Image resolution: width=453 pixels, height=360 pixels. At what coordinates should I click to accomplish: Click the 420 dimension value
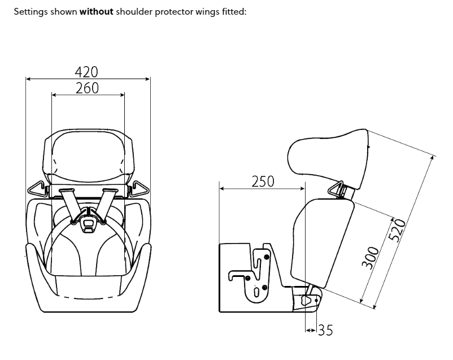coord(87,72)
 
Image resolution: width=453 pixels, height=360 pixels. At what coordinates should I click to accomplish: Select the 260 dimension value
coord(87,88)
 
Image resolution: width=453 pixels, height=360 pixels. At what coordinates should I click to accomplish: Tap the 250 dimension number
coord(262,181)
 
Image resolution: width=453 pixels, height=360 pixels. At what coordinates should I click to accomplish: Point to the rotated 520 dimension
coord(399,231)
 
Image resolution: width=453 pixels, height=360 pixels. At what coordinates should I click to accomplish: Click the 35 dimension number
coord(325,330)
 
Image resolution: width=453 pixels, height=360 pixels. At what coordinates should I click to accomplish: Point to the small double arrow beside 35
coord(309,329)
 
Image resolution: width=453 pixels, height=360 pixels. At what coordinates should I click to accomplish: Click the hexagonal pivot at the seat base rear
coord(308,301)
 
